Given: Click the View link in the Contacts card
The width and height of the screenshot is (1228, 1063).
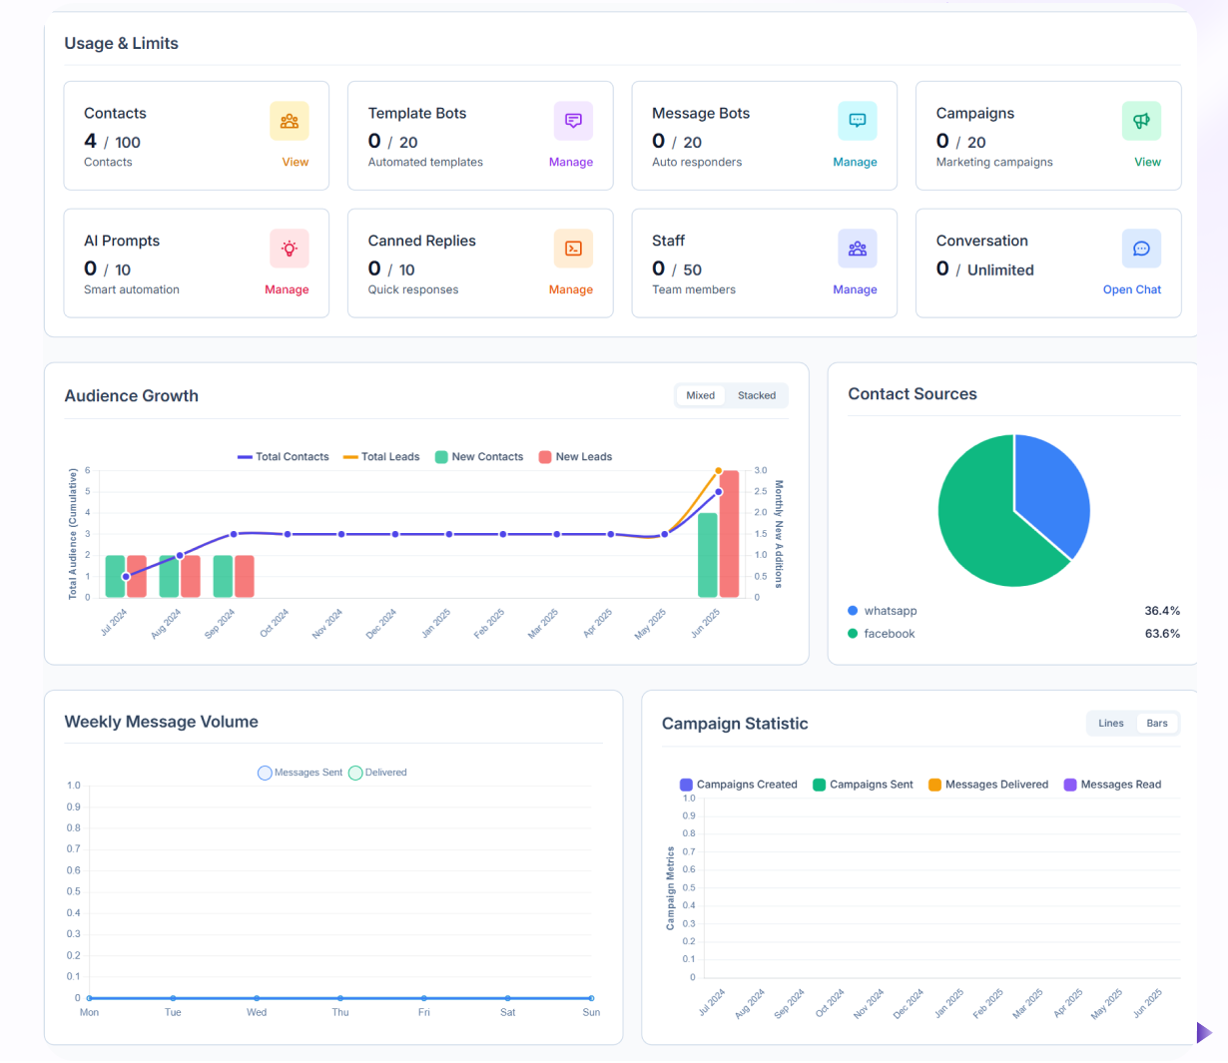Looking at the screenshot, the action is pyautogui.click(x=295, y=162).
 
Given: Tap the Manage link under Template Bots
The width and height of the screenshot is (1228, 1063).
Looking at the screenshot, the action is pyautogui.click(x=570, y=162).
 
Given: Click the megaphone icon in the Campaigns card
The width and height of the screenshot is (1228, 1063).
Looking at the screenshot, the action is pyautogui.click(x=1141, y=121).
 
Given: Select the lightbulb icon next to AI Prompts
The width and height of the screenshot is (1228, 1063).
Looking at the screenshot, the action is pyautogui.click(x=289, y=249).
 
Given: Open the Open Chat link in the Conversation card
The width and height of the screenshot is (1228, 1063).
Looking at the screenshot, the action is pyautogui.click(x=1131, y=289).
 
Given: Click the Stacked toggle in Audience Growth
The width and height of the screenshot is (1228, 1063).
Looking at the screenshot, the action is pyautogui.click(x=756, y=395).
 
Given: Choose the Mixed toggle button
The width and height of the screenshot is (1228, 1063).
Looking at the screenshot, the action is pyautogui.click(x=700, y=395).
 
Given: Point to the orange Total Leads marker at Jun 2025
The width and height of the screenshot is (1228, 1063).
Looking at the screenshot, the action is pyautogui.click(x=719, y=470).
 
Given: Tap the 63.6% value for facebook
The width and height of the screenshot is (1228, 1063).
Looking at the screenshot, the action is pyautogui.click(x=1162, y=634).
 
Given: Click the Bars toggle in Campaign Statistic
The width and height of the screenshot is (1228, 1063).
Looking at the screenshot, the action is pyautogui.click(x=1156, y=724).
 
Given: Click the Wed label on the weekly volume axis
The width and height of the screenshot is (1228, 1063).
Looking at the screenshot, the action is pyautogui.click(x=257, y=1012).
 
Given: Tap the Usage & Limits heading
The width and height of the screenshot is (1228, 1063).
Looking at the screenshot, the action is pyautogui.click(x=122, y=44).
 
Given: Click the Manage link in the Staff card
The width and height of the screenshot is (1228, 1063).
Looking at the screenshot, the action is pyautogui.click(x=855, y=289).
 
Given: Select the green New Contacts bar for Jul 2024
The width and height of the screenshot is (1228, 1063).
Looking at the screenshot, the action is pyautogui.click(x=115, y=577).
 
